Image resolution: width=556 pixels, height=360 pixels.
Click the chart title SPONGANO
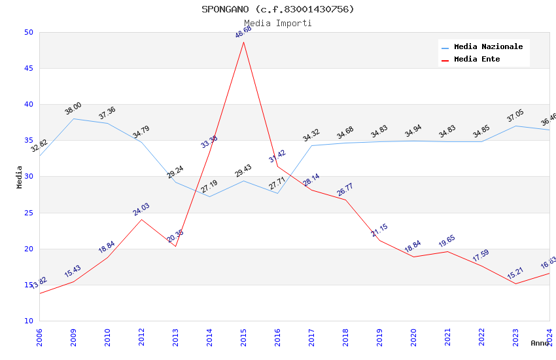pyautogui.click(x=277, y=9)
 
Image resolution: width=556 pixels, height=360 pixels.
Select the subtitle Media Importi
pyautogui.click(x=277, y=23)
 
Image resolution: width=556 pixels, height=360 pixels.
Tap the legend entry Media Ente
pyautogui.click(x=477, y=60)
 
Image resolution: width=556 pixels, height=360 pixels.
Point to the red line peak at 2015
pyautogui.click(x=243, y=42)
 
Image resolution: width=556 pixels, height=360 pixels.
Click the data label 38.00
pyautogui.click(x=73, y=109)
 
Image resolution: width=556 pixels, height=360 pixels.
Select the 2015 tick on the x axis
pyautogui.click(x=243, y=336)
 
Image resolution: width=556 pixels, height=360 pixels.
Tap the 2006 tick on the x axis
pyautogui.click(x=39, y=336)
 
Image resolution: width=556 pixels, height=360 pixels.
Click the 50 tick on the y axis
pyautogui.click(x=28, y=32)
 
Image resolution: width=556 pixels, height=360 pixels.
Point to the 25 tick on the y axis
pyautogui.click(x=28, y=213)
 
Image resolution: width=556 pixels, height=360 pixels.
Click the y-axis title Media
pyautogui.click(x=20, y=177)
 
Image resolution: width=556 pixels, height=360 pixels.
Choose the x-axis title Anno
pyautogui.click(x=540, y=343)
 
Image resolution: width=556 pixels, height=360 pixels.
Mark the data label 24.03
pyautogui.click(x=141, y=209)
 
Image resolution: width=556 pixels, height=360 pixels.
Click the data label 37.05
pyautogui.click(x=515, y=116)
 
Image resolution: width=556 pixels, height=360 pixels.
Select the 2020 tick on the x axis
pyautogui.click(x=413, y=336)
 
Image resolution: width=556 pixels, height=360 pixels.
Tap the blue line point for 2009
pyautogui.click(x=73, y=118)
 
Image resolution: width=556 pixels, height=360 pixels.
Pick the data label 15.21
pyautogui.click(x=515, y=274)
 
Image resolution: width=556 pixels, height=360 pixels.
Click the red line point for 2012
pyautogui.click(x=141, y=219)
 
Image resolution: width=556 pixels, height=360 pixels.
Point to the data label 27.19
pyautogui.click(x=209, y=187)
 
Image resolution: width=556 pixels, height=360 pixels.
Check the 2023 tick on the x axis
pyautogui.click(x=515, y=336)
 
